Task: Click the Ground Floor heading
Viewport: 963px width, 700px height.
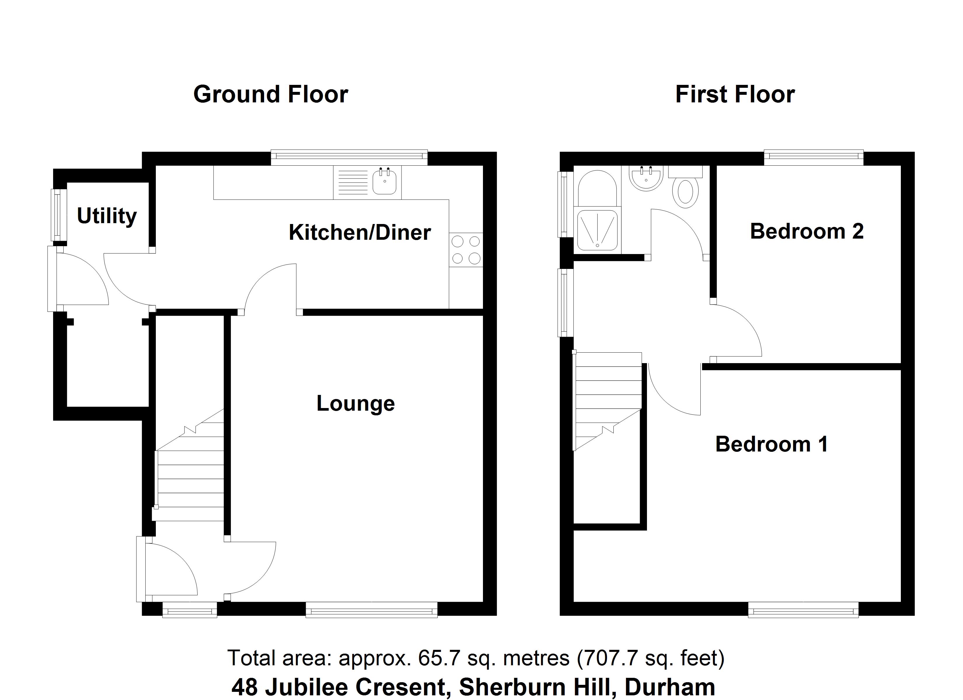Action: tap(271, 94)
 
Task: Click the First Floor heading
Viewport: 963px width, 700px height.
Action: tap(735, 94)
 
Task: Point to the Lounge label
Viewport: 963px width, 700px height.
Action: tap(355, 403)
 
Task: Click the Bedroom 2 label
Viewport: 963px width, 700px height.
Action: tap(807, 231)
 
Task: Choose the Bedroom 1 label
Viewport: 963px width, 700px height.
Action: tap(772, 444)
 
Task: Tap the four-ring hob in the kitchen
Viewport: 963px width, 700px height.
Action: tap(466, 250)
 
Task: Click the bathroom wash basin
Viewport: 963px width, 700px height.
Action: tap(646, 178)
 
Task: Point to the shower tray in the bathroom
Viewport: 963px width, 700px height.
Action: tap(597, 229)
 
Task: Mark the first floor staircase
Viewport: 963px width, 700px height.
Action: tap(607, 399)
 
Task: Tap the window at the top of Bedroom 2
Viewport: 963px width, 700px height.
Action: tap(814, 157)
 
